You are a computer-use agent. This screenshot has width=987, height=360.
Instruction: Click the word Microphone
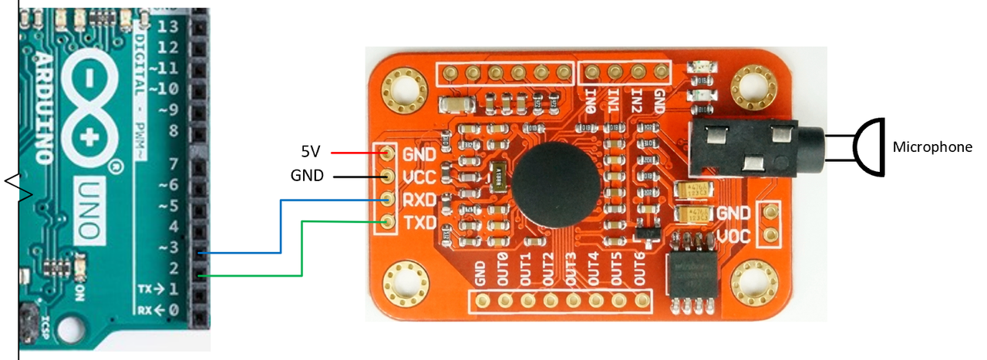932,147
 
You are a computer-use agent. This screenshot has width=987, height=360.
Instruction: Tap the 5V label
311,151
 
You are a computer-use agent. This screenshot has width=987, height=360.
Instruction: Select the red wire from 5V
354,153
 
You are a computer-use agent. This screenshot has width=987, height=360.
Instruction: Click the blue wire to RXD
281,224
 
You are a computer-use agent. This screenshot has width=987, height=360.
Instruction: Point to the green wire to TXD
301,247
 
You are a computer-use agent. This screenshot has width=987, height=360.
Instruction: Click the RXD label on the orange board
419,200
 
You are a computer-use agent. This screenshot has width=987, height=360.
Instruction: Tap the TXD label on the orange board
419,223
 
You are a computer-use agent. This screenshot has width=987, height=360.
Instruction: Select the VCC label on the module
419,177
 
